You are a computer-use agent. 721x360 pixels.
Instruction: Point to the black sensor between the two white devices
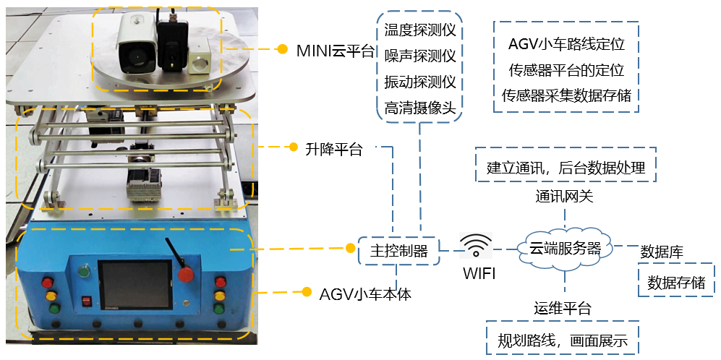(x=171, y=45)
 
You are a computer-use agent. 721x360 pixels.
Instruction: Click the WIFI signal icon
(x=476, y=247)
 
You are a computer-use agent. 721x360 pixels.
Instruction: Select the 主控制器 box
(x=398, y=251)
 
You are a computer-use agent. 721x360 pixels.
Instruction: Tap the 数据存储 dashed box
(x=675, y=282)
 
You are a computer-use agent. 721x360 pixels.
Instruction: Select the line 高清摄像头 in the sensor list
(x=421, y=108)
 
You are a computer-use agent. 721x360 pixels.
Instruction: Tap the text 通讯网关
(x=565, y=196)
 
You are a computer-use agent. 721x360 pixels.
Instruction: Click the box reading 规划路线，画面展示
(x=563, y=338)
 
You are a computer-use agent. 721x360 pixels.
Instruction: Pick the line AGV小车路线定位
(x=567, y=44)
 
